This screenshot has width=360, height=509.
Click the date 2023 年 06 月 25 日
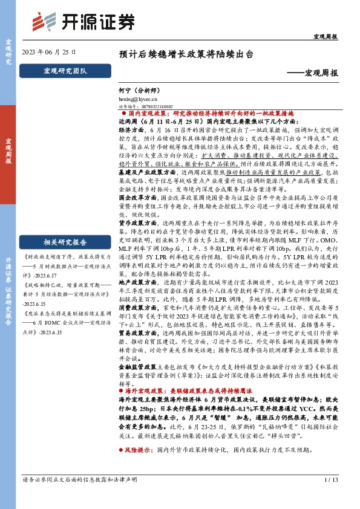(x=49, y=52)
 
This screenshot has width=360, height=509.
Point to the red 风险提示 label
(x=137, y=467)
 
